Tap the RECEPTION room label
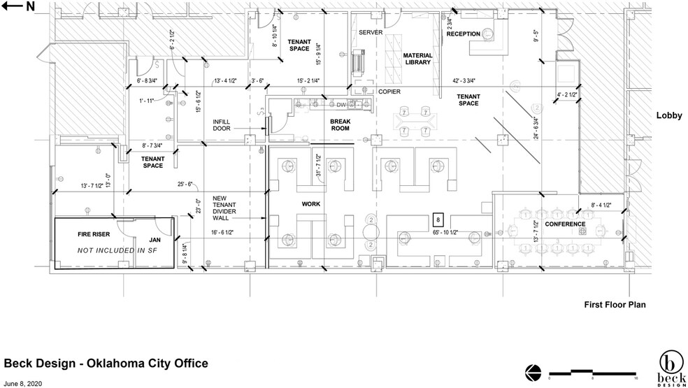pyautogui.click(x=463, y=34)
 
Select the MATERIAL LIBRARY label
pyautogui.click(x=417, y=58)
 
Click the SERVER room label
pyautogui.click(x=371, y=33)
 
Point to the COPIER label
pyautogui.click(x=389, y=92)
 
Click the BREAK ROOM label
pyautogui.click(x=340, y=124)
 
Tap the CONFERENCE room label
pyautogui.click(x=565, y=224)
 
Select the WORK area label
pyautogui.click(x=310, y=204)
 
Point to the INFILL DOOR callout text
pyautogui.click(x=227, y=125)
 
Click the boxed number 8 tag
pyautogui.click(x=438, y=219)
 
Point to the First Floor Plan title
pyautogui.click(x=615, y=305)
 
